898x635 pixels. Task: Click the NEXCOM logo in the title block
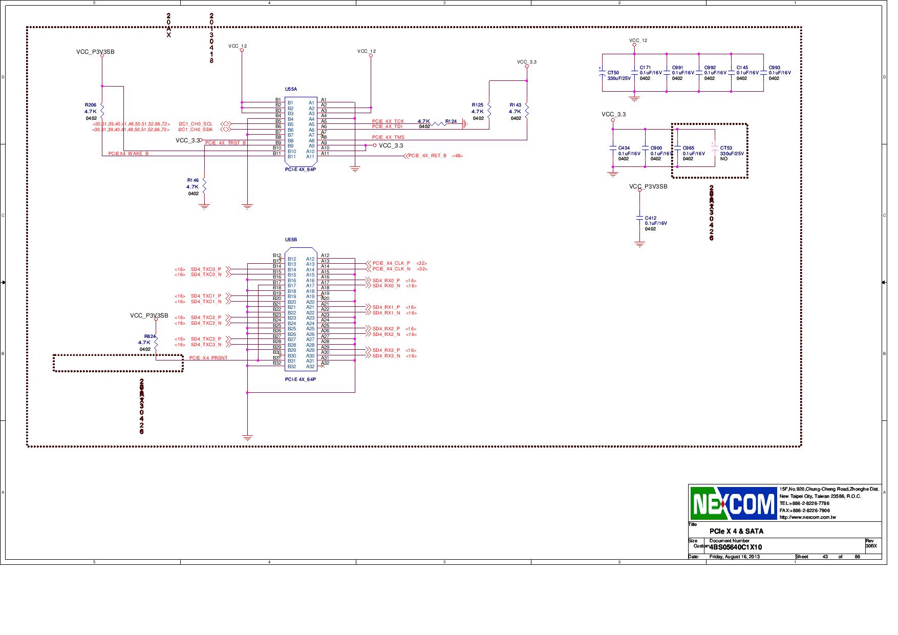[733, 503]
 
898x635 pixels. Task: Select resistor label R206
[91, 105]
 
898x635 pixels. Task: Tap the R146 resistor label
[193, 180]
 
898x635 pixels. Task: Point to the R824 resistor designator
[149, 336]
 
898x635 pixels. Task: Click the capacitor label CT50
[613, 73]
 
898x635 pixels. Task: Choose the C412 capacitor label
[650, 218]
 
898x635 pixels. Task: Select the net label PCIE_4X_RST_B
[427, 156]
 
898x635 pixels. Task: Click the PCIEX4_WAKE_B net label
[129, 154]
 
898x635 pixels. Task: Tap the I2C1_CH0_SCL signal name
[195, 124]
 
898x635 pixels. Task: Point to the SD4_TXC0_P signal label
[206, 269]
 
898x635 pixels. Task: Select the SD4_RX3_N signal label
[386, 356]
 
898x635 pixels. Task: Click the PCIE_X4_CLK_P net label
[391, 263]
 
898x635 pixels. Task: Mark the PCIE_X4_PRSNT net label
[208, 358]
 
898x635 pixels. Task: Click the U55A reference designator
[291, 89]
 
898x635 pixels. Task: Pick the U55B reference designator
[291, 240]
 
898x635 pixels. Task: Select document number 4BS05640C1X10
[736, 547]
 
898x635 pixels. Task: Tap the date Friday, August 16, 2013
[735, 557]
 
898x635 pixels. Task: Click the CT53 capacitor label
[726, 148]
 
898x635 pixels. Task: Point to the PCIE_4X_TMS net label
[388, 137]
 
